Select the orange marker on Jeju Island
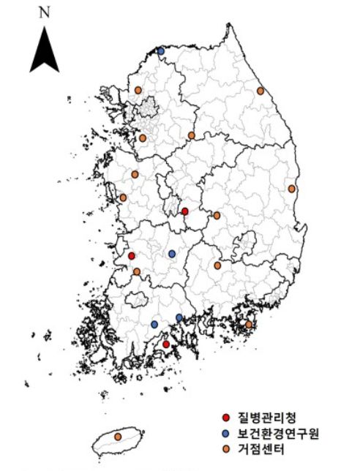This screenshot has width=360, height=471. [118, 437]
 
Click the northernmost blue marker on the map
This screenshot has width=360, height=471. [161, 51]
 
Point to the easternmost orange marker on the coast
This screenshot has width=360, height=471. [292, 189]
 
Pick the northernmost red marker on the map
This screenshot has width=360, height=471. [185, 211]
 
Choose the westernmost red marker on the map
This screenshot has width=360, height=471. [132, 256]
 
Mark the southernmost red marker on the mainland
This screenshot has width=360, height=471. [166, 344]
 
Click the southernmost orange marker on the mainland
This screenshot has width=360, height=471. [249, 324]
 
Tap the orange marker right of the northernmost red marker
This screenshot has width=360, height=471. [217, 216]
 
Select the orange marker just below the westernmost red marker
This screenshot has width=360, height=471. [137, 271]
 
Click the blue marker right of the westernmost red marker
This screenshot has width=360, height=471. [172, 254]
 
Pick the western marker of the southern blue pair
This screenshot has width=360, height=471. [154, 324]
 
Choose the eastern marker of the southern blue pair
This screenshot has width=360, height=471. [179, 317]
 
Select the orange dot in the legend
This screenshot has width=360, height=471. [227, 447]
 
